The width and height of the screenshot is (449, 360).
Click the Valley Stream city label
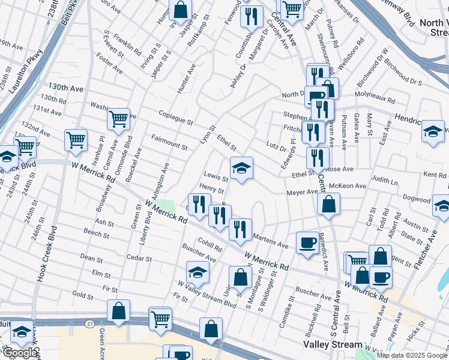[333, 345]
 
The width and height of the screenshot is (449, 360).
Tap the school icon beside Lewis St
[241, 168]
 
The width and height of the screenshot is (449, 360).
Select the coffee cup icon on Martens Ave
[307, 242]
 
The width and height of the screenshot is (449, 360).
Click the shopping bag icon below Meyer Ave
[329, 204]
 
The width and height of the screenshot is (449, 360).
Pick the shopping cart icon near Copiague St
[119, 119]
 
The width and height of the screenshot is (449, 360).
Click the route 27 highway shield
[89, 323]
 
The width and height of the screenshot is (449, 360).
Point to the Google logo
[20, 353]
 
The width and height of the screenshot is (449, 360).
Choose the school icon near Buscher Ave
[197, 272]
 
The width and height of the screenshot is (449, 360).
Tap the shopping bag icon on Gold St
[119, 311]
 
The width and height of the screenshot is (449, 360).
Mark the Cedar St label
[139, 258]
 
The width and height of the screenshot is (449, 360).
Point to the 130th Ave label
[66, 88]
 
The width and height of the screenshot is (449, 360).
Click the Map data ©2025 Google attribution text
[412, 355]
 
